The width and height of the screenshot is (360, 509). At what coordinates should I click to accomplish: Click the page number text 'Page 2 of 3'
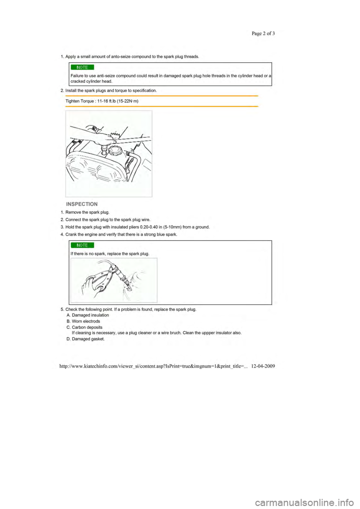coord(263,33)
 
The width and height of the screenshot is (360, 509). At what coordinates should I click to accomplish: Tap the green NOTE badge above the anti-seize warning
coord(82,67)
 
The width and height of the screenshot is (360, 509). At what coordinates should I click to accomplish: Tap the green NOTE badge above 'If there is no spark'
coord(82,245)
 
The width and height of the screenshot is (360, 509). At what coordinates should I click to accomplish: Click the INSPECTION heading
coord(82,204)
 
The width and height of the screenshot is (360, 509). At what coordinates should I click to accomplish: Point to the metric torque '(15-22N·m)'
coord(128,101)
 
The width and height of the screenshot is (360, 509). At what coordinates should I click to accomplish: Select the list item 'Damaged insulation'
coord(90,315)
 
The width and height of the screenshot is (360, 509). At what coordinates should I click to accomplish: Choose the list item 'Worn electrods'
coord(86,321)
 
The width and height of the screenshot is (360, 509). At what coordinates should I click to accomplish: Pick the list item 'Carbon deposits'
coord(87,327)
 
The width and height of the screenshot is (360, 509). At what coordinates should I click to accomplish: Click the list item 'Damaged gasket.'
coord(88,339)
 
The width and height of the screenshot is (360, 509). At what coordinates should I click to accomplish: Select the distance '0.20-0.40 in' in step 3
coord(151,227)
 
